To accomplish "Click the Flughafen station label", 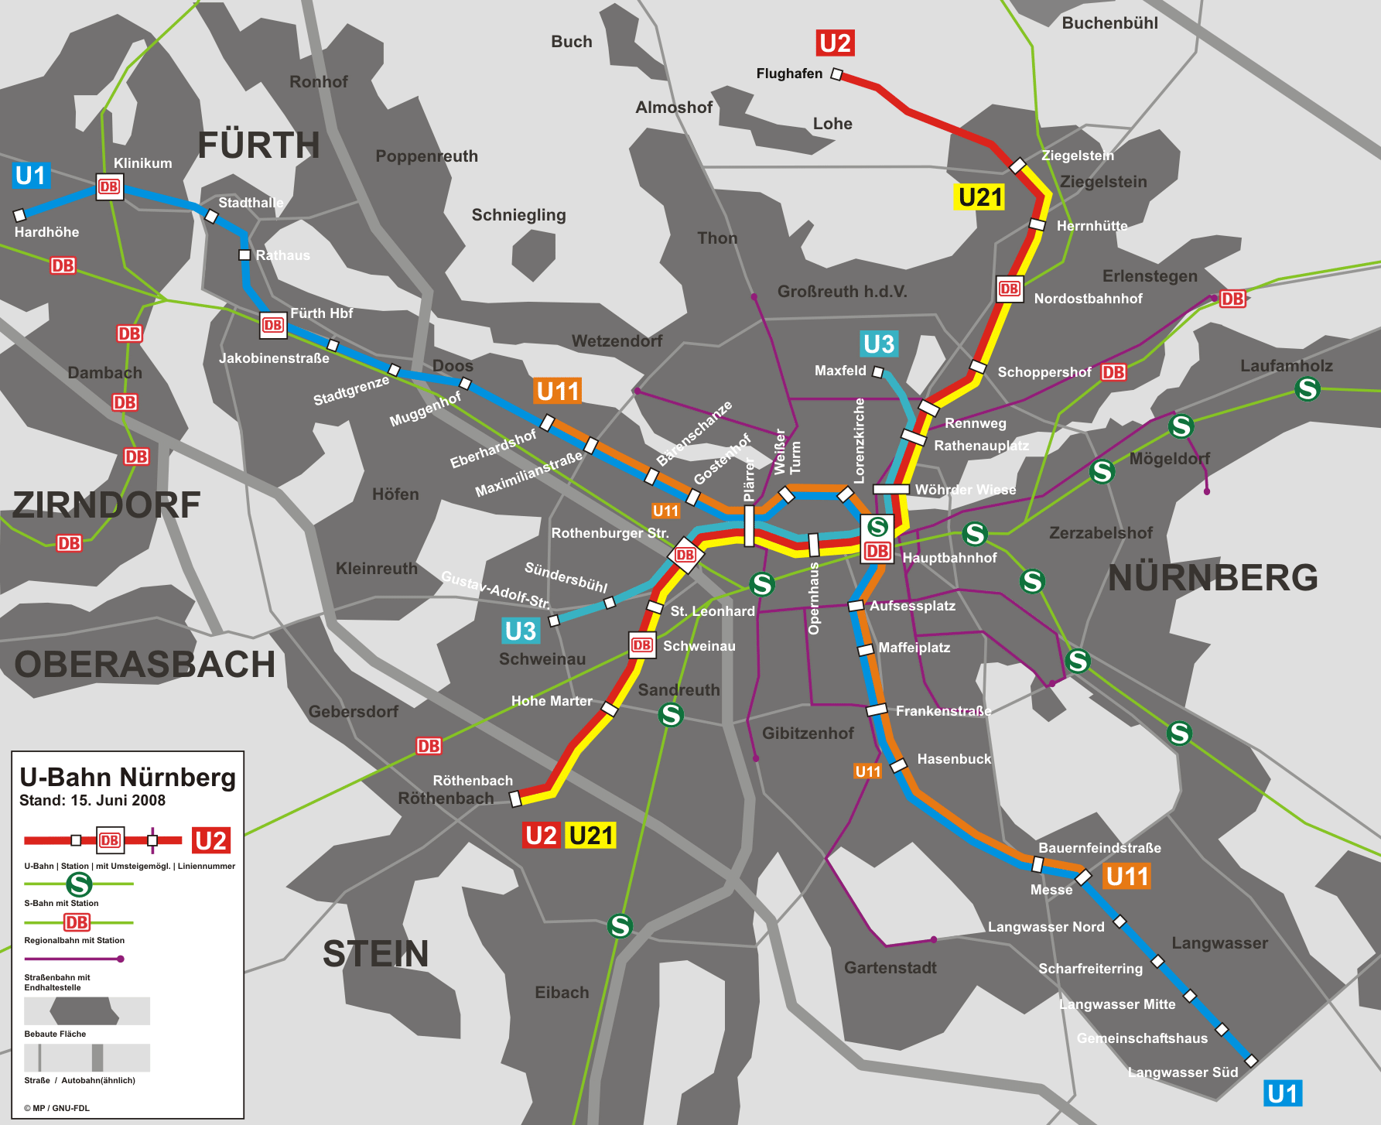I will [789, 74].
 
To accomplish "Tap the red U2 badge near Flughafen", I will [835, 43].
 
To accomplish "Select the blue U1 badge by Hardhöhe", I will [31, 176].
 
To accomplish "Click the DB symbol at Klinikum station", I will [109, 186].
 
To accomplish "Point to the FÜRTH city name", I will [258, 145].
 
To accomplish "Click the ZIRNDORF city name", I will [107, 505].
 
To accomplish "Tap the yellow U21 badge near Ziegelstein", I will [980, 197].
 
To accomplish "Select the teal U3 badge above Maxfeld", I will [879, 344].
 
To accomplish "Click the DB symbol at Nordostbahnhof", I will [1010, 289].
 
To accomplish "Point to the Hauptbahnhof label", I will [949, 558].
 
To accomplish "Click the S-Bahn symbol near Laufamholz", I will [1308, 388].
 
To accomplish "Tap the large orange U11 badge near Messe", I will [1126, 877].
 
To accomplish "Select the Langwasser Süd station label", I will [1182, 1072].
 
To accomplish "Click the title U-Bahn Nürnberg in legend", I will [128, 777].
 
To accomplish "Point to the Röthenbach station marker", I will [516, 798].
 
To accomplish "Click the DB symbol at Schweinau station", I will [641, 645].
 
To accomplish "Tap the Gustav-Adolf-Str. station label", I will [495, 590].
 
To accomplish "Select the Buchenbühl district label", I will [1109, 23].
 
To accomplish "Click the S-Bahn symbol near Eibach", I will [620, 925].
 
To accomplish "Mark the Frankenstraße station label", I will [943, 711].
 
